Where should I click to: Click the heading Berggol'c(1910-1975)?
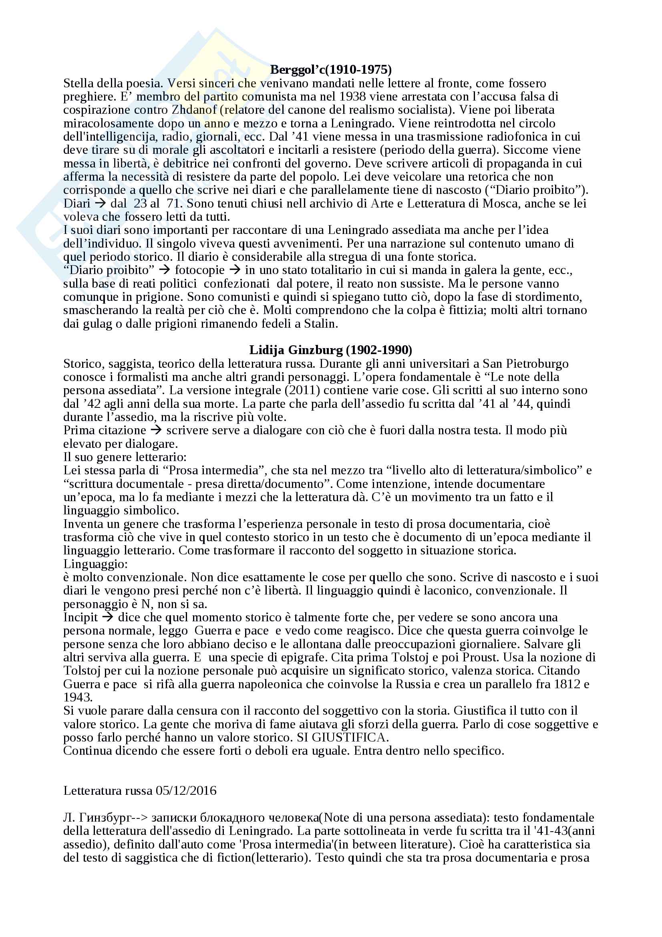331,69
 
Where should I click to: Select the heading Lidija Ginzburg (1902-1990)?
330,350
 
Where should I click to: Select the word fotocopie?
199,270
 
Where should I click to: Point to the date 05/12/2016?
186,790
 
